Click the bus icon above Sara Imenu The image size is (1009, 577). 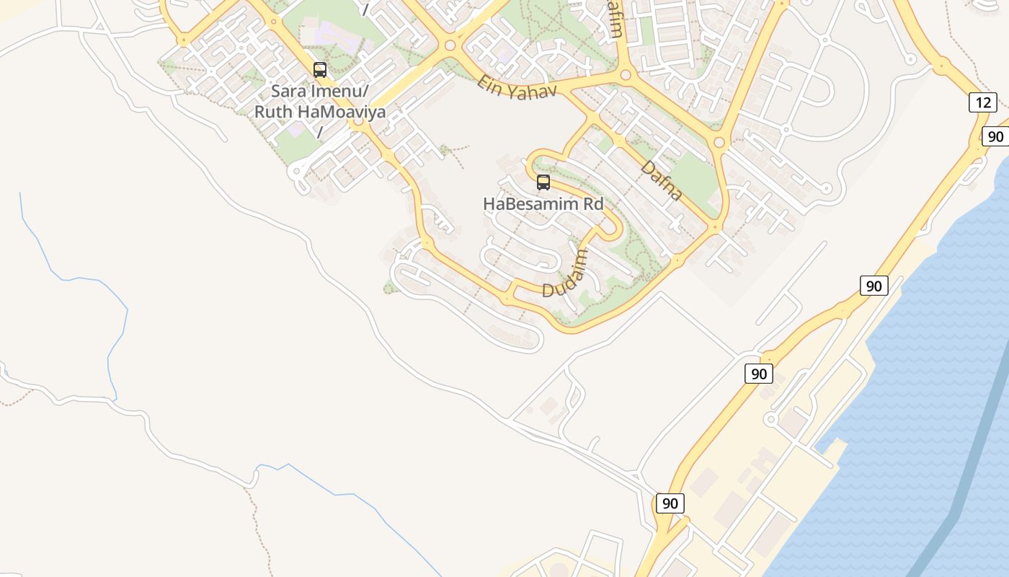tap(320, 70)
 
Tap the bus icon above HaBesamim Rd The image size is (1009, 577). tap(543, 182)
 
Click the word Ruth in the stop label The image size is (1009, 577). tap(274, 113)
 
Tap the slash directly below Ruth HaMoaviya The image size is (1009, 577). tap(319, 133)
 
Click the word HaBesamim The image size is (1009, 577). tap(530, 204)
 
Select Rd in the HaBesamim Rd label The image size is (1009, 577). tap(593, 204)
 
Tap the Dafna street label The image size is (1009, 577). tap(661, 180)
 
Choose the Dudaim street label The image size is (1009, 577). tap(566, 273)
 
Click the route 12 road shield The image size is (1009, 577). tap(983, 102)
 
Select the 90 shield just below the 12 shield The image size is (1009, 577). tap(995, 136)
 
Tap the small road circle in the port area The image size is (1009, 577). tap(770, 419)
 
